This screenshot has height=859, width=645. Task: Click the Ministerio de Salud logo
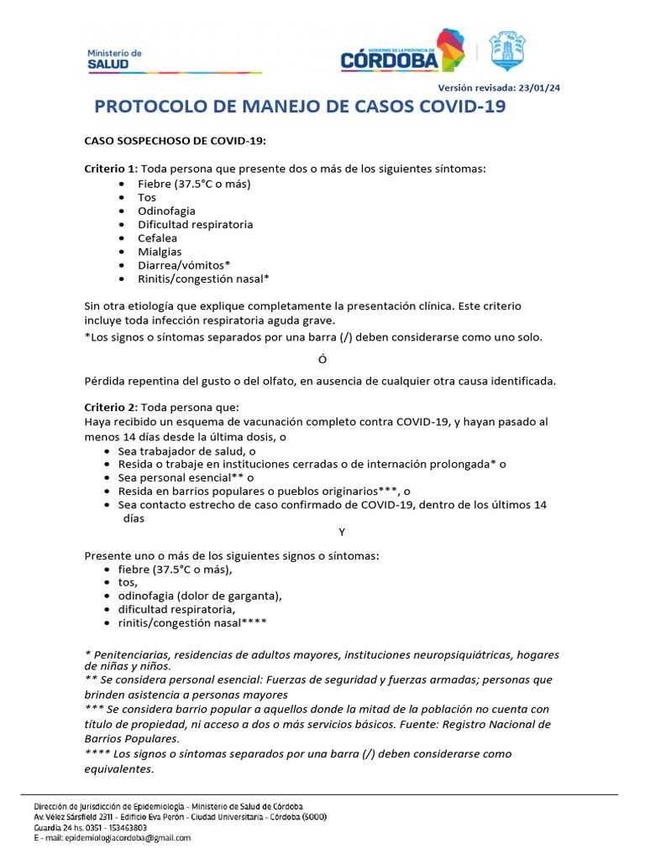tap(115, 59)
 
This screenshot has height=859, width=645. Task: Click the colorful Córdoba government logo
tap(402, 52)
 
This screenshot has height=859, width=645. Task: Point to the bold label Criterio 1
tap(110, 169)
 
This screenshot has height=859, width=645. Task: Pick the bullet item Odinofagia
tap(166, 211)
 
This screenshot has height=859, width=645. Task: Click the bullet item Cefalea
tap(158, 238)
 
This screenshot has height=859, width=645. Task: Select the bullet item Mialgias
tap(160, 252)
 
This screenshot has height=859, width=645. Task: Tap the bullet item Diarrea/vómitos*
tap(184, 265)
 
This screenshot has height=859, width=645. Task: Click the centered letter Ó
tap(322, 360)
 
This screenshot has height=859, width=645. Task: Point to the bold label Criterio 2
tap(110, 408)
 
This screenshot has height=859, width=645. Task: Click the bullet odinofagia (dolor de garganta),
tap(199, 596)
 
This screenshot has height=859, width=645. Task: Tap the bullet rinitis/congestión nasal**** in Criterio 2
tap(193, 622)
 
